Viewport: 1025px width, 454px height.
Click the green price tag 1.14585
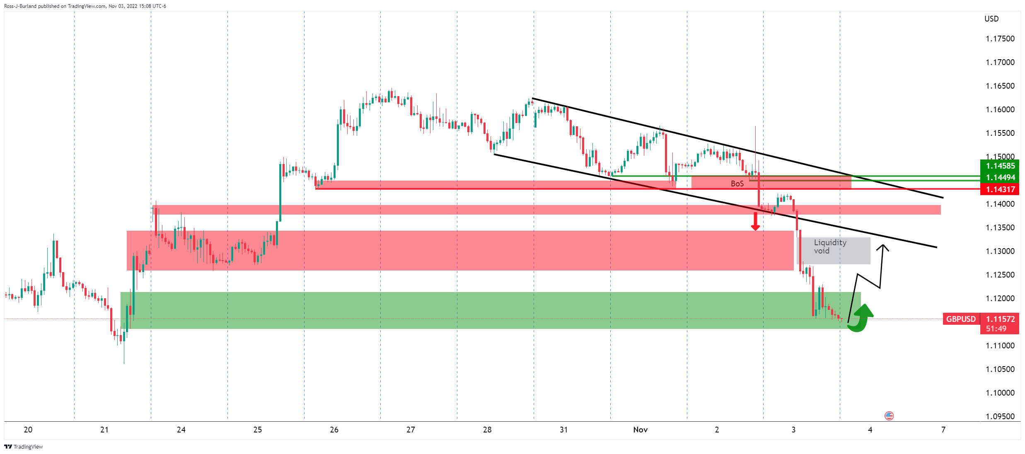point(1000,166)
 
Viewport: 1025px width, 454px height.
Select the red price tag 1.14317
point(1000,189)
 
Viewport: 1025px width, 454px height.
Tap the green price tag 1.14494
point(1000,177)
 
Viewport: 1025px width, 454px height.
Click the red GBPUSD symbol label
point(961,319)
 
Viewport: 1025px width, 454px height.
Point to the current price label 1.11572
point(1000,319)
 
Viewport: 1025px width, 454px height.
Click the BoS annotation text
point(737,184)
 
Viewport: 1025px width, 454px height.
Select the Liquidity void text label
point(830,246)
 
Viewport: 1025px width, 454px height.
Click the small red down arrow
point(755,222)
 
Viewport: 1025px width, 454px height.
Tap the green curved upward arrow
point(861,318)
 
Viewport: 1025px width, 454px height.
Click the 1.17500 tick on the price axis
point(1000,39)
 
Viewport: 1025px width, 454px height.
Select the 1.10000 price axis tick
point(1000,393)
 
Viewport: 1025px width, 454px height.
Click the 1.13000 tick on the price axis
point(1000,251)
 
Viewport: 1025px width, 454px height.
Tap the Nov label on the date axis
point(640,430)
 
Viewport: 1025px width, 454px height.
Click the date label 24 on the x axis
point(181,430)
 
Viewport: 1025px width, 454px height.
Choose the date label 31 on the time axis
point(563,430)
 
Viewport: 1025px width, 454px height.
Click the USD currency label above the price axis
point(991,19)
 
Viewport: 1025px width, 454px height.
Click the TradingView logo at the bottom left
point(24,447)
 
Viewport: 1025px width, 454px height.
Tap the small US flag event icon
point(889,415)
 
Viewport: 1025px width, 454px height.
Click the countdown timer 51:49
point(996,328)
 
